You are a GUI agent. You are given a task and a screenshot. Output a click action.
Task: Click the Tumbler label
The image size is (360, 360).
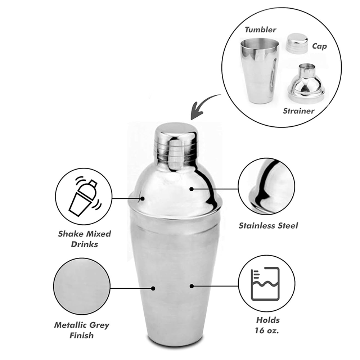click(x=260, y=30)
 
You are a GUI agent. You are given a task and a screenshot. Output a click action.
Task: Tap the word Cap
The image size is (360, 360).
click(x=319, y=46)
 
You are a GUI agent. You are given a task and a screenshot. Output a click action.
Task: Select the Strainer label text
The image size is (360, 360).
click(x=298, y=111)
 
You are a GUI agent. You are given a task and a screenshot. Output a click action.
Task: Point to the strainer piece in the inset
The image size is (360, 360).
click(x=306, y=82)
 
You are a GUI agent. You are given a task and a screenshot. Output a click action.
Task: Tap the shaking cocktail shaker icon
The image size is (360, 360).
click(x=85, y=197)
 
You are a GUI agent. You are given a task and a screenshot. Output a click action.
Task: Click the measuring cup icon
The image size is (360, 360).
click(x=265, y=284)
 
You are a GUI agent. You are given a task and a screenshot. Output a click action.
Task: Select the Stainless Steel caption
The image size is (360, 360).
click(x=268, y=226)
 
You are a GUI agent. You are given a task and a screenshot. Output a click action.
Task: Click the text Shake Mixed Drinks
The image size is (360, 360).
click(x=85, y=239)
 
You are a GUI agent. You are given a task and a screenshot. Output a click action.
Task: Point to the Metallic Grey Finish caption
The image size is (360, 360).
click(x=81, y=330)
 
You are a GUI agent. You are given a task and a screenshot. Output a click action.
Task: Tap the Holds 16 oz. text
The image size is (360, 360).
click(x=267, y=325)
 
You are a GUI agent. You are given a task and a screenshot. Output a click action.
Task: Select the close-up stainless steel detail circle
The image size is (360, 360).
click(x=266, y=186)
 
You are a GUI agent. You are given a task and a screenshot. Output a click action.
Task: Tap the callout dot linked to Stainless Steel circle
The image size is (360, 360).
click(x=192, y=189)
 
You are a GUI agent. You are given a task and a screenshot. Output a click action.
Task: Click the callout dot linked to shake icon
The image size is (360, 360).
click(x=143, y=198)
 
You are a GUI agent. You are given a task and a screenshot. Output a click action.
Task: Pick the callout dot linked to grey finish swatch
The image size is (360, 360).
click(x=153, y=288)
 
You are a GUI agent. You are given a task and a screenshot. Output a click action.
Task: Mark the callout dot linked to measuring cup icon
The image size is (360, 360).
click(x=192, y=286)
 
